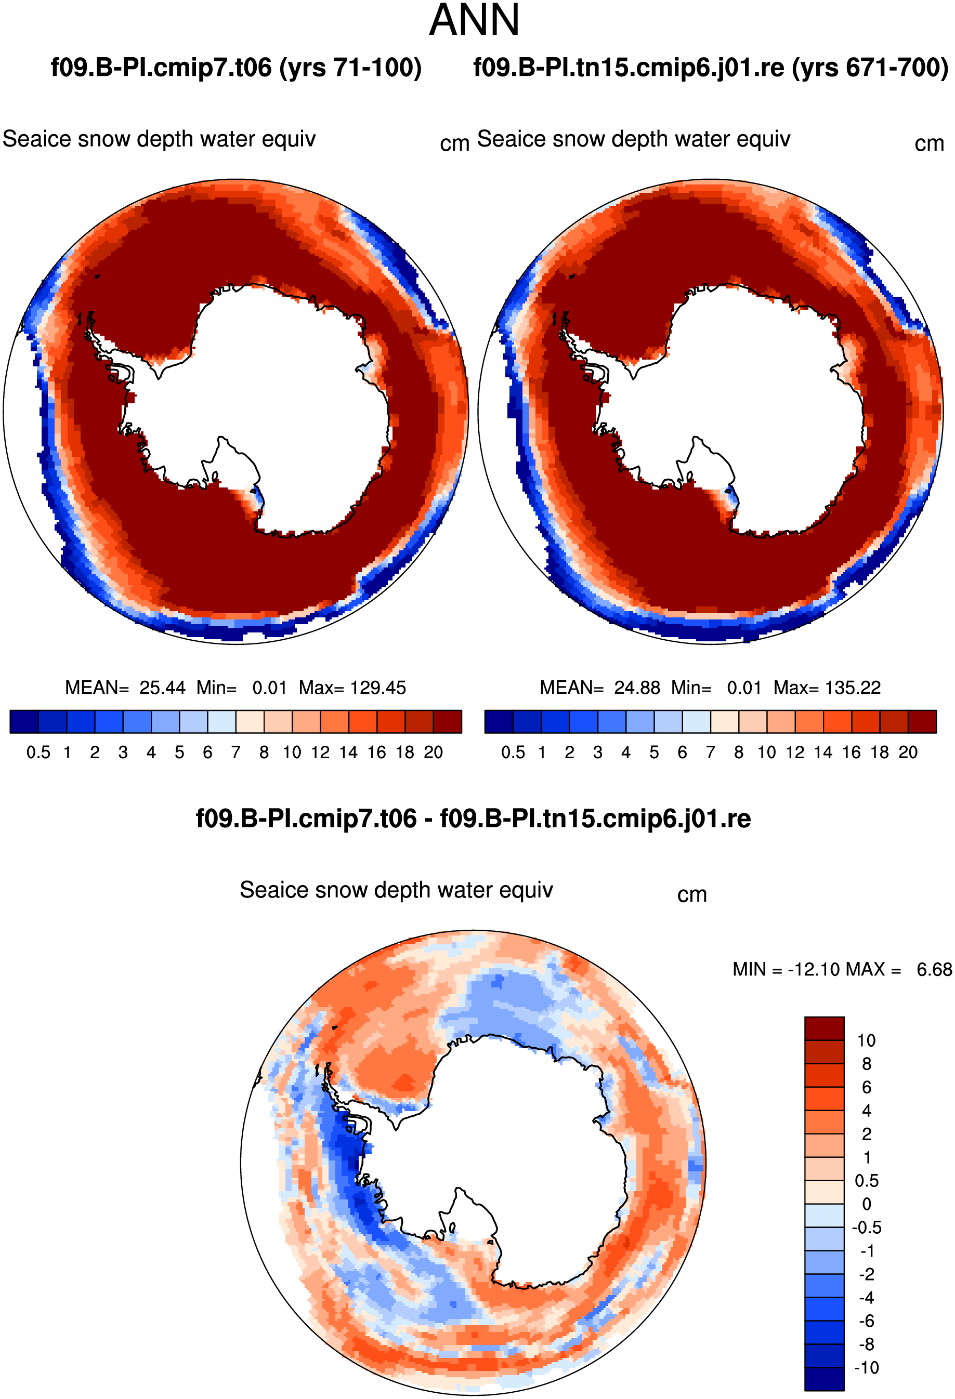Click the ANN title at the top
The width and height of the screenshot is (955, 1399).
(474, 20)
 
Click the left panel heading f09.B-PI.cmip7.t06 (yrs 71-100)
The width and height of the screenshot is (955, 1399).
(236, 68)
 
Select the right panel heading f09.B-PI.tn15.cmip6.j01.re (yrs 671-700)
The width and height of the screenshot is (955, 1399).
(711, 68)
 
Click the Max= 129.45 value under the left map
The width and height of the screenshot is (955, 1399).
(352, 688)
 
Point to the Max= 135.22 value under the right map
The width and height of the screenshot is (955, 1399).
(827, 688)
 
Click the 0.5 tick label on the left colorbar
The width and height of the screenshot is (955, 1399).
(38, 753)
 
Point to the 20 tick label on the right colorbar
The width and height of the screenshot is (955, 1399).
(908, 753)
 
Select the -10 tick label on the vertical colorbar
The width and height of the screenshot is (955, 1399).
(867, 1368)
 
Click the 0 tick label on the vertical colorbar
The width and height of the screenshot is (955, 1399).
(867, 1204)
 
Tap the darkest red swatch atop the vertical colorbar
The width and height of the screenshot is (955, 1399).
(825, 1028)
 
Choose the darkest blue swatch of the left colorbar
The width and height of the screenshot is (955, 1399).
(24, 721)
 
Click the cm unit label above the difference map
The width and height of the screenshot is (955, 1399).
(692, 895)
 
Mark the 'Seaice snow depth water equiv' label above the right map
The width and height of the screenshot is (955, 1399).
(633, 139)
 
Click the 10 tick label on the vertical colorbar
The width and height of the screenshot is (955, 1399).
(867, 1040)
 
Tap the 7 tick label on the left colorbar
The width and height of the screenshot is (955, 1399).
(236, 753)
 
